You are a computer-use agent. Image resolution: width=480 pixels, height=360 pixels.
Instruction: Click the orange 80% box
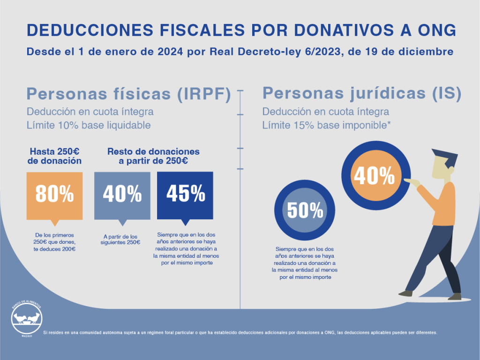(x=54, y=196)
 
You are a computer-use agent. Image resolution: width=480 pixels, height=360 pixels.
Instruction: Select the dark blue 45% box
(x=185, y=196)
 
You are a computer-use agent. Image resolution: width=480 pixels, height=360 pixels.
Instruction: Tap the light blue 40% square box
(x=122, y=196)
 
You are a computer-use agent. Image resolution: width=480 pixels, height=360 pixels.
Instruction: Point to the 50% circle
(x=305, y=210)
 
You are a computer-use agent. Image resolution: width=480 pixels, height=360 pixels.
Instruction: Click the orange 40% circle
(x=376, y=175)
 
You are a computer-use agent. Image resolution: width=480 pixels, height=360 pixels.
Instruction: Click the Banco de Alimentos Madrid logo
(x=27, y=318)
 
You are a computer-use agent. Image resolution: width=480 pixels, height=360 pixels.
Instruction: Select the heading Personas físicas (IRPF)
(x=128, y=94)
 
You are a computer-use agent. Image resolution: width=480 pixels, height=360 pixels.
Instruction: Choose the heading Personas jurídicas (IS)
(x=362, y=93)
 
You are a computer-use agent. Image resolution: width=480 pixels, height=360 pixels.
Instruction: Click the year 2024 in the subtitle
(x=170, y=52)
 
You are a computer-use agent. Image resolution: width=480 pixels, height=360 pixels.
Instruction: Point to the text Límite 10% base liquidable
(x=89, y=125)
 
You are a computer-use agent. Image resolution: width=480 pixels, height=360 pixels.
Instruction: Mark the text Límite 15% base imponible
(x=326, y=125)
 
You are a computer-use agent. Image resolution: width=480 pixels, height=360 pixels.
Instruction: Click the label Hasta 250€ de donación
(x=54, y=156)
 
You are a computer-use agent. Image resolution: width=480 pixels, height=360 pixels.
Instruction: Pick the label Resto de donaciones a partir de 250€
(x=153, y=156)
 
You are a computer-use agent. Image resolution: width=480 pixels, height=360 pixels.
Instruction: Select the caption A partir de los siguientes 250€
(x=120, y=240)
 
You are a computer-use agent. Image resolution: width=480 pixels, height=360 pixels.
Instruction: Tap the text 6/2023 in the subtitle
(x=322, y=52)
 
